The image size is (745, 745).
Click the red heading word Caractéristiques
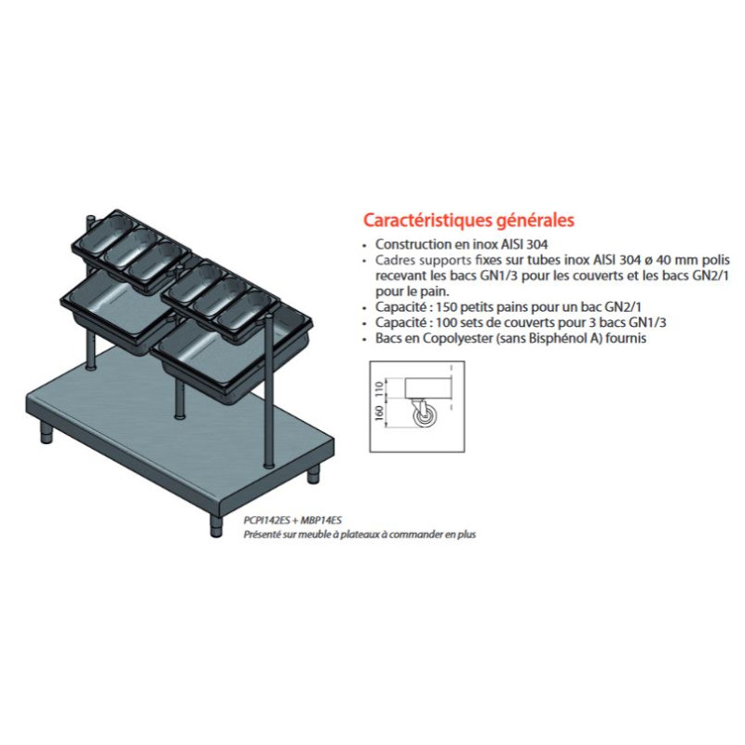click(x=427, y=221)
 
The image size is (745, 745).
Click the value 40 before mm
click(x=659, y=261)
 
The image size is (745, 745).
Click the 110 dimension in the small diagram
click(x=379, y=389)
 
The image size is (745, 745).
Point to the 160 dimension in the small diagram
click(x=379, y=413)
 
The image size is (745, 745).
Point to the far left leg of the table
click(x=46, y=431)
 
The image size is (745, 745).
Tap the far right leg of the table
click(x=313, y=474)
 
